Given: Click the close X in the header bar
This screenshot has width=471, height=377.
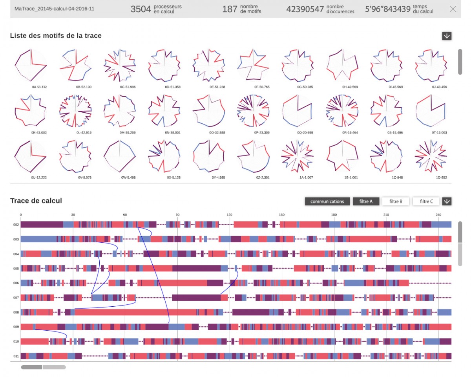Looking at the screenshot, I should click(x=453, y=9).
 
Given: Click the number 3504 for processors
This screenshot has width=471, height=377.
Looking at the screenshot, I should click(x=141, y=9).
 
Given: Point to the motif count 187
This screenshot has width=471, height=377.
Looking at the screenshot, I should click(x=230, y=9).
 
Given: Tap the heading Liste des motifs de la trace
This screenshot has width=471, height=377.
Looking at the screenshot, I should click(x=56, y=36).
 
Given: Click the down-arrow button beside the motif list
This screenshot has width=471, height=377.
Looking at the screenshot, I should click(x=447, y=36).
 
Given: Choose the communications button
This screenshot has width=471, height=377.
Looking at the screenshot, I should click(x=327, y=201).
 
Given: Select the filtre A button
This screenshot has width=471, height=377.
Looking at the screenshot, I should click(x=366, y=201).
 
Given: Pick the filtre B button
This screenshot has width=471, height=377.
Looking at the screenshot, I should click(x=396, y=201).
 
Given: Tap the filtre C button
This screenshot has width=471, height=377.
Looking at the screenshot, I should click(x=426, y=201).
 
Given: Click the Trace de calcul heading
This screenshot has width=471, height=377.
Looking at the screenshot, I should click(x=36, y=201).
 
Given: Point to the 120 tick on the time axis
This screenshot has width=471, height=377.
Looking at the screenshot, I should click(x=230, y=215).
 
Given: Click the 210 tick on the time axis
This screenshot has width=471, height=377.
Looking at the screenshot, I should click(x=386, y=215).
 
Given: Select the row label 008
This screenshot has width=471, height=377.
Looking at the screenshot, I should click(x=16, y=313).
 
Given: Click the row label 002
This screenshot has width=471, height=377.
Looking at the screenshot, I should click(x=16, y=225).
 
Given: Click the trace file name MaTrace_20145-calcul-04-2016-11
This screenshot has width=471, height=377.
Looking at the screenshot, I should click(x=54, y=9).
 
